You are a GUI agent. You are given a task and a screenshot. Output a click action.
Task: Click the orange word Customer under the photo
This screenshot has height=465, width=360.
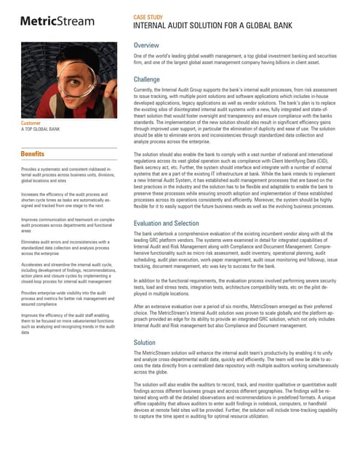point(31,123)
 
